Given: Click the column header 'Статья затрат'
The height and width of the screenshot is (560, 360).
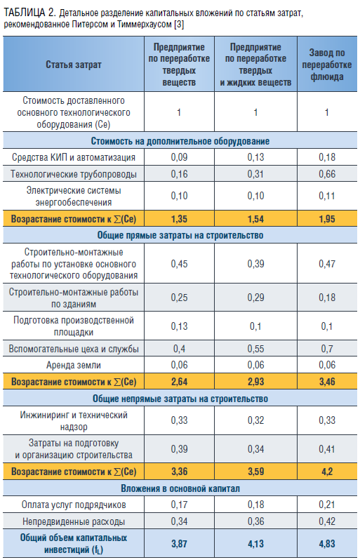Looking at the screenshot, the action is (74, 65).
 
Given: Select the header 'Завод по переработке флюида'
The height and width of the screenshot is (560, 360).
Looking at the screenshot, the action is (327, 65).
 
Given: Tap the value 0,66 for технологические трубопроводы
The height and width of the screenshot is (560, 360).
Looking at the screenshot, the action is (327, 174).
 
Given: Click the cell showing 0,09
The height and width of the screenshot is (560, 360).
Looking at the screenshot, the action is (179, 157).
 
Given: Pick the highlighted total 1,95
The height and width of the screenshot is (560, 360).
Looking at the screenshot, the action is (327, 218).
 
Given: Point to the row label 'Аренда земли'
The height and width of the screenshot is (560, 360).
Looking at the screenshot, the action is (74, 366).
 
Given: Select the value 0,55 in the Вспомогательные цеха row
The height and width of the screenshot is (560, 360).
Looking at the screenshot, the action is (255, 349).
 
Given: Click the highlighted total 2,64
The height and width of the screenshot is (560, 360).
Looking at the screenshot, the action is (179, 382).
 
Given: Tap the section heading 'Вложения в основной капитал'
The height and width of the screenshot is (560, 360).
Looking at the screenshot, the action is (180, 488).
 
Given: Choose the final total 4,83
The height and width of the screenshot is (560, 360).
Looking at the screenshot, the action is (327, 544).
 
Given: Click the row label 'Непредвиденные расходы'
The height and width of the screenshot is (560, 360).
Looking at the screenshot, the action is (74, 522).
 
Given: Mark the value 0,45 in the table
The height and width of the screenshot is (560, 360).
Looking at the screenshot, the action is (179, 264).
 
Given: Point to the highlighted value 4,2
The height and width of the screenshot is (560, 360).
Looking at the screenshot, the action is (327, 472).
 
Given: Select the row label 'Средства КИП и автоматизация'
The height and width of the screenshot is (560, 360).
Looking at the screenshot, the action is (74, 157).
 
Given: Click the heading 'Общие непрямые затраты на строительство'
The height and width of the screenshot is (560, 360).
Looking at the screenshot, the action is (180, 399).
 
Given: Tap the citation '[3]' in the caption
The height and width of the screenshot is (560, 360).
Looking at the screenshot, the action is (178, 25).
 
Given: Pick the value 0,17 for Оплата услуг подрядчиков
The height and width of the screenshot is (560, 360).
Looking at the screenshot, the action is (179, 505).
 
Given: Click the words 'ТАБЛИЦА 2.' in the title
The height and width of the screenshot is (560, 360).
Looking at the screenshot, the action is (30, 13).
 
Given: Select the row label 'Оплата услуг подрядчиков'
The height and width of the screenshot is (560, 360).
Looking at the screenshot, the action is (74, 505).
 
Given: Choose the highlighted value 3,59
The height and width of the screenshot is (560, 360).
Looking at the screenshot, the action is (255, 472).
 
